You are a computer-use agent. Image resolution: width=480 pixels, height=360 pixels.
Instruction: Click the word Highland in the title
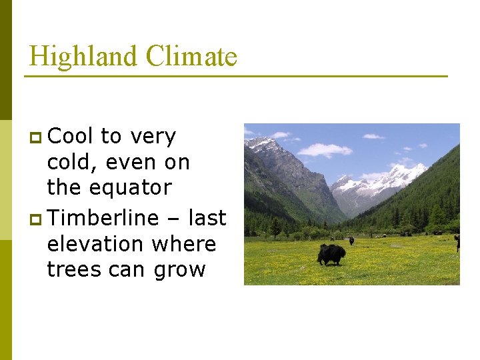coord(83,56)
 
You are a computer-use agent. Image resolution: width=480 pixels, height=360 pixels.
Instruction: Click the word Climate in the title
coord(191,56)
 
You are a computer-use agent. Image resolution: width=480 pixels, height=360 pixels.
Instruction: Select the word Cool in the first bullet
coord(71,136)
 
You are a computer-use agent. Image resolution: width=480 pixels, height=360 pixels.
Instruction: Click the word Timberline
coord(103,218)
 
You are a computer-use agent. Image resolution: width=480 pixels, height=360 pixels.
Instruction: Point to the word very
coord(153,137)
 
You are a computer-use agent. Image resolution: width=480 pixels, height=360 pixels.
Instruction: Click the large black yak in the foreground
coord(331,253)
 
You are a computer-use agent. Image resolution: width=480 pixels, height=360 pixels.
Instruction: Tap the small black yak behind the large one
coord(351,241)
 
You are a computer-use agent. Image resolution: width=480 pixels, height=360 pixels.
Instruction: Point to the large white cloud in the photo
coord(324,149)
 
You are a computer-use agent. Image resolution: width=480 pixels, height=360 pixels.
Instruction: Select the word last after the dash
coord(207,218)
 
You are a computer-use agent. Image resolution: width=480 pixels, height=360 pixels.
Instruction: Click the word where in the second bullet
coord(184,244)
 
